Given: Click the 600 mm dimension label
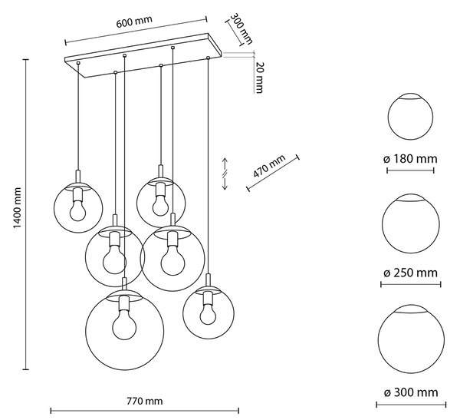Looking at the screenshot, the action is (x=134, y=22).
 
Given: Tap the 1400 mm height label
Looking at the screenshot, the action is (x=18, y=208).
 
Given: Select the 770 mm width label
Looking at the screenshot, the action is (x=145, y=401).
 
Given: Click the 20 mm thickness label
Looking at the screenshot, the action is (x=259, y=78).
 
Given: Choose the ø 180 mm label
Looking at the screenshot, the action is (x=410, y=159).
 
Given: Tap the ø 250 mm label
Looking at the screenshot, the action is (x=410, y=273).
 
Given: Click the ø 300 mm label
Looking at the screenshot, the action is (x=411, y=392).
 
